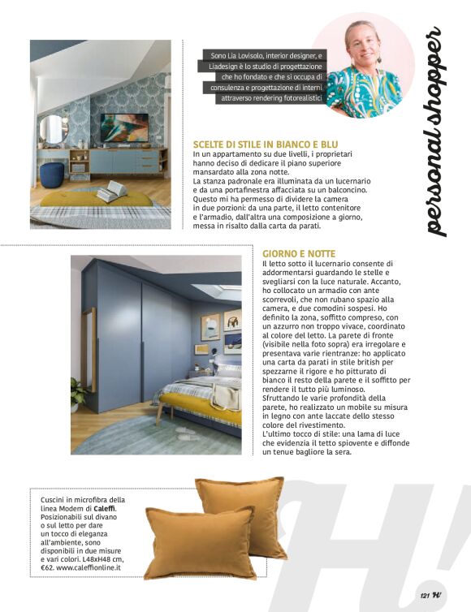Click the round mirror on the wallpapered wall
[x=53, y=128]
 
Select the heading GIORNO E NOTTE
[x=299, y=254]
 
